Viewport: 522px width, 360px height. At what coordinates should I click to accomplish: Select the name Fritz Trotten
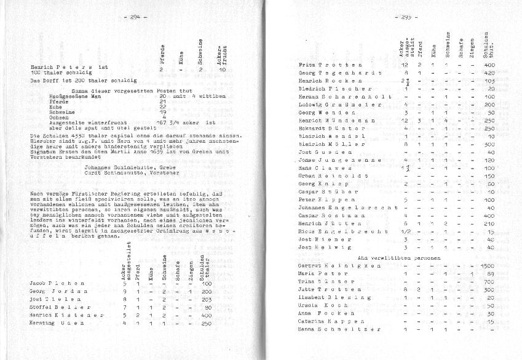[322, 65]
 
